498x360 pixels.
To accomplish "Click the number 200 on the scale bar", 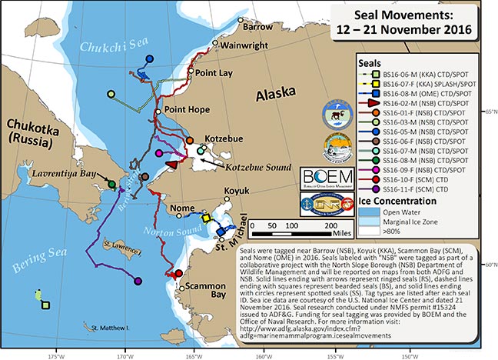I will (x=328, y=223).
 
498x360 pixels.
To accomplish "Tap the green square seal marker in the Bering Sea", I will (x=47, y=305).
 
